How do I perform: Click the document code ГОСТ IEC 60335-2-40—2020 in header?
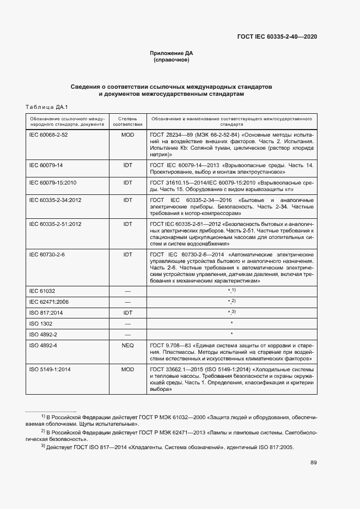click(x=277, y=36)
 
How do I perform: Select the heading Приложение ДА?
click(x=172, y=53)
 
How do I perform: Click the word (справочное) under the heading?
click(x=172, y=60)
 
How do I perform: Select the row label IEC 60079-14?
click(x=46, y=165)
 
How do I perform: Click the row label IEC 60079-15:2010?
click(x=53, y=182)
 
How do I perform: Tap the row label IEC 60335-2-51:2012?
click(x=55, y=224)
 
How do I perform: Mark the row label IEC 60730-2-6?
click(x=47, y=254)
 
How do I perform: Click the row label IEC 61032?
click(x=42, y=291)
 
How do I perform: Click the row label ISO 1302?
click(x=41, y=323)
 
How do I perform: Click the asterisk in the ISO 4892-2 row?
click(x=231, y=334)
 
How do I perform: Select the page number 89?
click(x=314, y=463)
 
